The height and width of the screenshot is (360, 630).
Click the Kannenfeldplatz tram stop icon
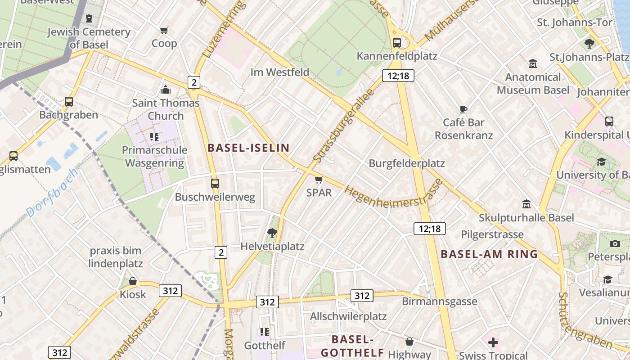tap(396, 43)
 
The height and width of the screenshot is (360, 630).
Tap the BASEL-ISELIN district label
tap(248, 148)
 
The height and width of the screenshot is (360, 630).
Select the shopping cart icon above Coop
tap(164, 30)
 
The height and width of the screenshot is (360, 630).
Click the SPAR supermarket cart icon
tap(319, 180)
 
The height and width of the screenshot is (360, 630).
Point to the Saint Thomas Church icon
tap(166, 90)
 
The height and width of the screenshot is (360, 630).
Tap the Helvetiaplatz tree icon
tap(272, 233)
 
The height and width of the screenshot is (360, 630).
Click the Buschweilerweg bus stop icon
tap(215, 184)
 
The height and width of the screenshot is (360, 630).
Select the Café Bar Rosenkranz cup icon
tap(463, 109)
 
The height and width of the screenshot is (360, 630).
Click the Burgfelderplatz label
tap(407, 163)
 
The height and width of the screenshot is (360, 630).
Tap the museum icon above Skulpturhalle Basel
tap(526, 205)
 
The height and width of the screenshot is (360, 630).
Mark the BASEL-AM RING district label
tap(489, 254)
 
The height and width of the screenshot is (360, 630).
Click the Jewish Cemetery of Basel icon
tap(89, 19)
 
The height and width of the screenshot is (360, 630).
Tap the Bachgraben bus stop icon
tap(68, 102)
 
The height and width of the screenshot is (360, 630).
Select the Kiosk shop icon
tap(133, 281)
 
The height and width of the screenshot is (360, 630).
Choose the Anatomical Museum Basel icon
tap(533, 64)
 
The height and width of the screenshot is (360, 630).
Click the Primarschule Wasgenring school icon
tap(154, 136)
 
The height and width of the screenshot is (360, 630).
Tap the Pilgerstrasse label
tap(492, 234)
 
